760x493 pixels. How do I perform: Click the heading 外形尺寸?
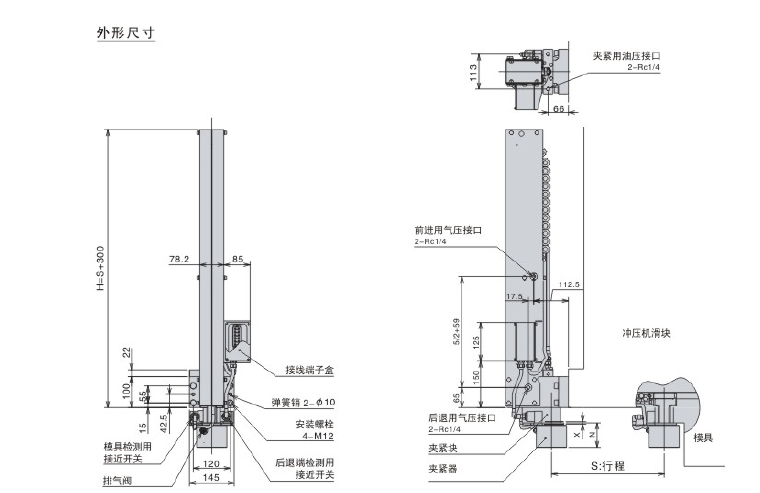click(125, 33)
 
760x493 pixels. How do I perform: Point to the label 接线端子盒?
click(309, 370)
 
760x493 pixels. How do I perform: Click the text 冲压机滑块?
click(647, 332)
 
